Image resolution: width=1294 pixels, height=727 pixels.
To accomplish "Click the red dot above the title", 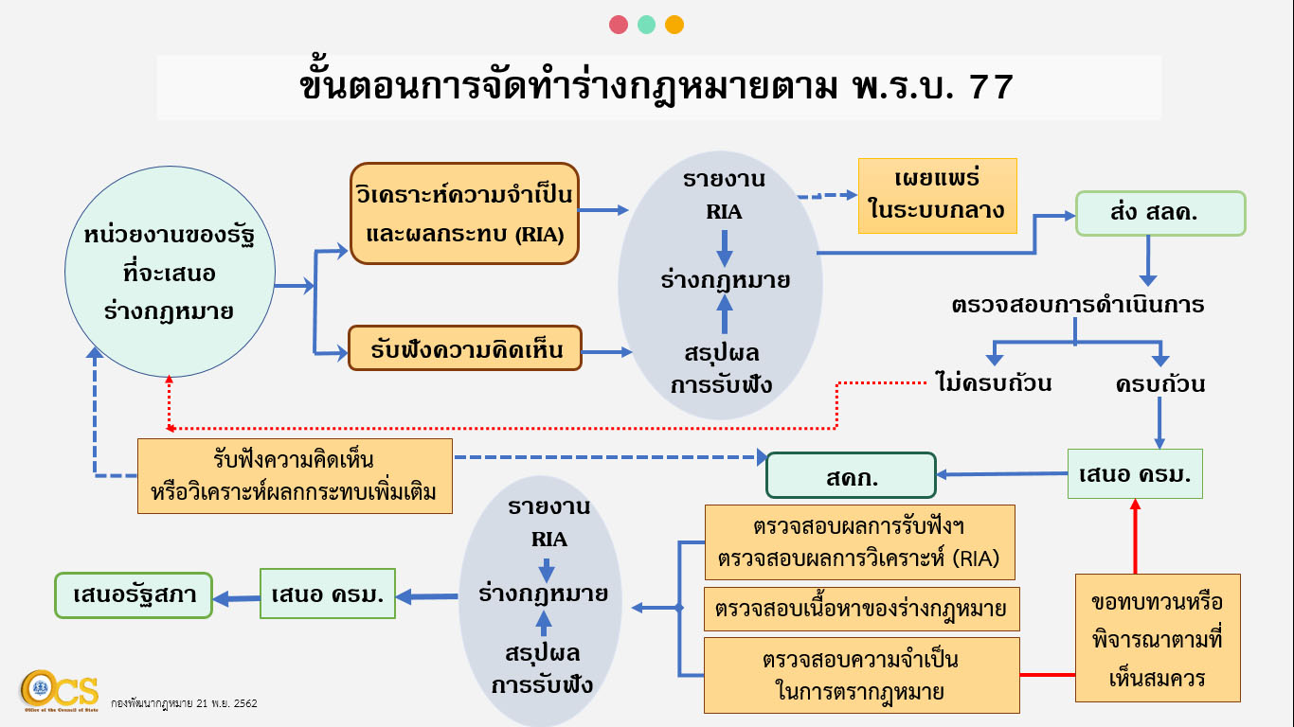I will (x=619, y=26).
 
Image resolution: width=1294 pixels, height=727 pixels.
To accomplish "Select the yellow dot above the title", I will (x=674, y=26).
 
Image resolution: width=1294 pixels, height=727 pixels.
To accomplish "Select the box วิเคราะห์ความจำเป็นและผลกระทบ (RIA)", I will (x=464, y=213).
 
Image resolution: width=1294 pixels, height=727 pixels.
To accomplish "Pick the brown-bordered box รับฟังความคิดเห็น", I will (x=464, y=348).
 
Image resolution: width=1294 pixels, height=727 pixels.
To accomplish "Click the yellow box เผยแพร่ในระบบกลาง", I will (x=937, y=196).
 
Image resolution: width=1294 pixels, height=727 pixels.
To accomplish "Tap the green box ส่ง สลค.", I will (x=1159, y=214).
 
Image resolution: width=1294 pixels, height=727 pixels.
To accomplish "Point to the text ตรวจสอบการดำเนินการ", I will (x=1077, y=306).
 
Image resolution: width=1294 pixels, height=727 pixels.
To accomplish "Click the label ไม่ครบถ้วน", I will (x=993, y=384).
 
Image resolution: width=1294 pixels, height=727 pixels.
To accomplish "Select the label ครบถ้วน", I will (x=1159, y=384).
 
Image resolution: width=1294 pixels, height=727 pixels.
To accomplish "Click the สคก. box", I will (x=851, y=475).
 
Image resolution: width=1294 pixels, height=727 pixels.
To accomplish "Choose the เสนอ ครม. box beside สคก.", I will (x=1135, y=473).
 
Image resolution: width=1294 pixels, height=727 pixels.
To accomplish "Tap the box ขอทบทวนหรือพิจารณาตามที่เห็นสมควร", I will (x=1158, y=637).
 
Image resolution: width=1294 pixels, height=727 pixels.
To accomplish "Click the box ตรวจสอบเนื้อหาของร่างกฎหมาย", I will (x=861, y=609).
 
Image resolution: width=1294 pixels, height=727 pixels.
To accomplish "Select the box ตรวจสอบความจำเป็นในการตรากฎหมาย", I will (x=861, y=675).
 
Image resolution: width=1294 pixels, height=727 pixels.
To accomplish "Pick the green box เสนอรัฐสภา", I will (x=133, y=595).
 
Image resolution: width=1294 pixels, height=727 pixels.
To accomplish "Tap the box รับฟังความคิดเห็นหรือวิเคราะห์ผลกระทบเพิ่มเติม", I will (x=295, y=476).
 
